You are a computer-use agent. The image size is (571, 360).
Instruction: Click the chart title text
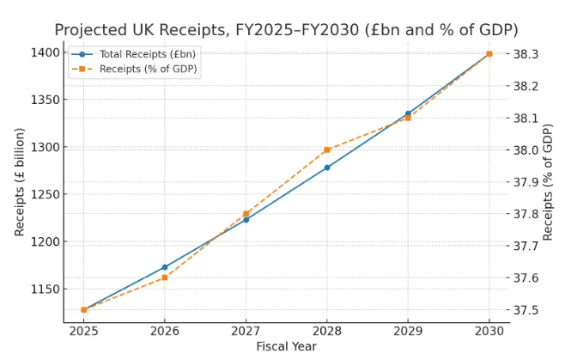click(x=286, y=30)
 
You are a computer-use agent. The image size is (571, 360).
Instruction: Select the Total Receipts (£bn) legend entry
click(x=137, y=54)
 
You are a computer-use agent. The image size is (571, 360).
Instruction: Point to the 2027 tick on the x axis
click(x=246, y=331)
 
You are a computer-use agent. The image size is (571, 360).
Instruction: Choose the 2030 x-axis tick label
click(x=489, y=331)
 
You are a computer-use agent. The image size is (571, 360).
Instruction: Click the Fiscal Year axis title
click(x=286, y=346)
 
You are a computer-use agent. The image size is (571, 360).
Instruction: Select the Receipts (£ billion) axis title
click(x=20, y=181)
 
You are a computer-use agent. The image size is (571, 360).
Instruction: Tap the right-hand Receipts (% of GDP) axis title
click(x=549, y=181)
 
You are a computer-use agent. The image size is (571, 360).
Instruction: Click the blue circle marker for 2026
click(x=165, y=267)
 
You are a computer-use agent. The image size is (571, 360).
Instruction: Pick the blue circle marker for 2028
click(x=327, y=168)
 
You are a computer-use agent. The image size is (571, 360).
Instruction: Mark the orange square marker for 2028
click(x=327, y=149)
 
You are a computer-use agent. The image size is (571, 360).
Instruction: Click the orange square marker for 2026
click(x=165, y=278)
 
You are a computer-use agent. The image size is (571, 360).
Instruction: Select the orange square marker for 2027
click(x=246, y=214)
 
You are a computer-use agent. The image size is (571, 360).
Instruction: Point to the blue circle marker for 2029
click(x=408, y=113)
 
